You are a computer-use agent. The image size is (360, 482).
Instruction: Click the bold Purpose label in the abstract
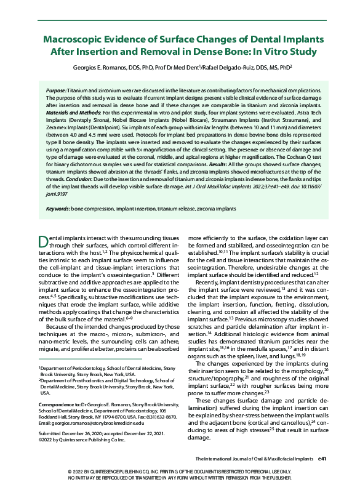58,90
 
